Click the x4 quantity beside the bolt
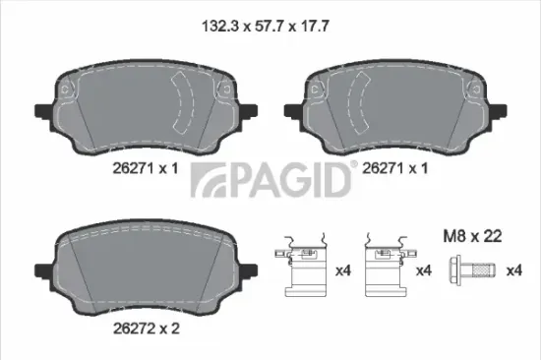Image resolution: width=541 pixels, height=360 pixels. [513, 270]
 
